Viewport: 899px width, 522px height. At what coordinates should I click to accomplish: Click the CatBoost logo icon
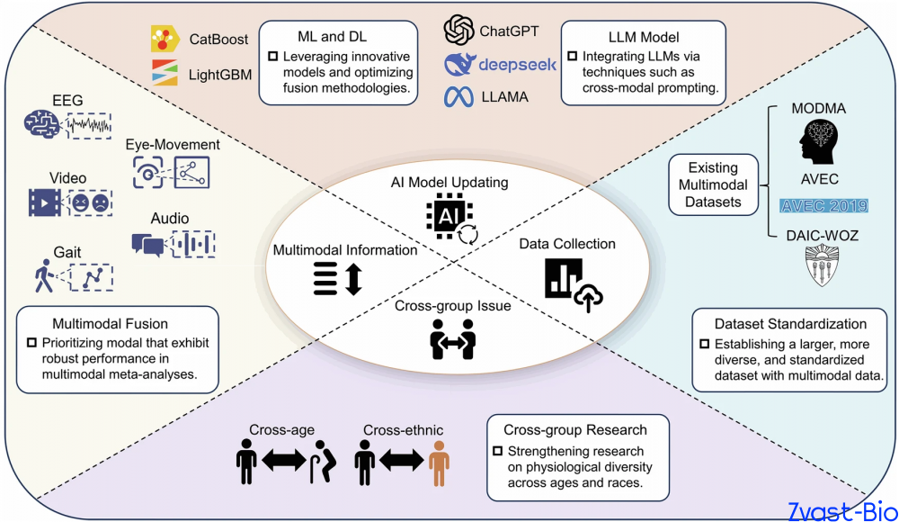point(165,39)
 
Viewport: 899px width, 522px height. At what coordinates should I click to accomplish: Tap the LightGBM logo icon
point(165,72)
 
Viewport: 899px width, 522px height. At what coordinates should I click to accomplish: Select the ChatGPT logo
point(458,30)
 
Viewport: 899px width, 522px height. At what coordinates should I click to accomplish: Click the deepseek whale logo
point(458,64)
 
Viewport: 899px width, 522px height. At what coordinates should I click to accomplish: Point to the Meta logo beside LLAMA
point(458,97)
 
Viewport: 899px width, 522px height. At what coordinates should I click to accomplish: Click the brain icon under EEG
point(41,124)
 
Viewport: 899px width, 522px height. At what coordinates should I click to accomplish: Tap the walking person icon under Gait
point(43,275)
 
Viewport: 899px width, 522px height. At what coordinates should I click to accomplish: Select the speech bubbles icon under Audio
point(147,245)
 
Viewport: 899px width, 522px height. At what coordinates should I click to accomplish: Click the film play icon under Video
point(44,202)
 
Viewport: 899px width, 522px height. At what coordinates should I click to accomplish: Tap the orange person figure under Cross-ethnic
point(440,463)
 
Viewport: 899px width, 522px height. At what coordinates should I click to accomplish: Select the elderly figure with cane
point(323,462)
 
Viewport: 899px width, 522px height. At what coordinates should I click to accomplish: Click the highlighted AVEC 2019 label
point(823,205)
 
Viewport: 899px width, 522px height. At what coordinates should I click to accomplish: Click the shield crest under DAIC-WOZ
point(823,265)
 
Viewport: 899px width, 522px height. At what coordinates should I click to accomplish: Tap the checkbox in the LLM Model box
point(572,57)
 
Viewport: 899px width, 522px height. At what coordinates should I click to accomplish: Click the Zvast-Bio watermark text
point(842,511)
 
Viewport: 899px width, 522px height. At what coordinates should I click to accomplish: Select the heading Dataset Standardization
point(790,324)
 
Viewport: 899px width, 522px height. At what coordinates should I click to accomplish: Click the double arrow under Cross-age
point(284,460)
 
